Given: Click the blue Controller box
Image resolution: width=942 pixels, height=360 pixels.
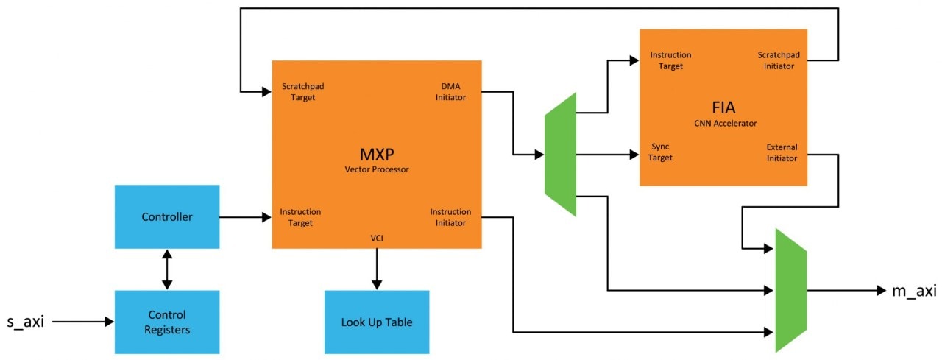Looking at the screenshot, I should (167, 217).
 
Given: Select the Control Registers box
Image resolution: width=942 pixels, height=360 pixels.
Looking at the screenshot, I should (167, 322).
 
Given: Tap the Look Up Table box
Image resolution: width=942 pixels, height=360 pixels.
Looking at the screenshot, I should (377, 322).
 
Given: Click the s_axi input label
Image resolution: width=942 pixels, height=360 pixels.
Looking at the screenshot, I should (26, 322).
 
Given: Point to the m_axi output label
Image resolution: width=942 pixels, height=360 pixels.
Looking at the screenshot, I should (913, 291).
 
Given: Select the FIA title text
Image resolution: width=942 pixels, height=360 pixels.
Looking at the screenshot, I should (723, 107).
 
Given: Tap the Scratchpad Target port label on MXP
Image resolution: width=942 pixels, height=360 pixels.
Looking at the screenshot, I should (302, 92).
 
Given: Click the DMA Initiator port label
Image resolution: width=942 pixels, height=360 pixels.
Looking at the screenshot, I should (450, 92).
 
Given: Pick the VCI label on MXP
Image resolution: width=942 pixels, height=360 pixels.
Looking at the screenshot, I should (377, 238).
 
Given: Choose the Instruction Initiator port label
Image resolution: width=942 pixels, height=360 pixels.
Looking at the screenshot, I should (450, 217).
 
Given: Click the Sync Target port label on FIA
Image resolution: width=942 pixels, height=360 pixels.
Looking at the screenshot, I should (662, 152).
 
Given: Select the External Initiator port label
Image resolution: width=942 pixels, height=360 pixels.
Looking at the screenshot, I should (782, 152).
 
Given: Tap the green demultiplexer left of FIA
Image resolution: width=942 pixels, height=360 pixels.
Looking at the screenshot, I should (560, 155).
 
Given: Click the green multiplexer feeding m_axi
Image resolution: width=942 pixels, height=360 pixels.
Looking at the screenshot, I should (791, 290).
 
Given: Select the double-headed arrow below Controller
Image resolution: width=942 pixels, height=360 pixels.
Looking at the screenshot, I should (167, 269).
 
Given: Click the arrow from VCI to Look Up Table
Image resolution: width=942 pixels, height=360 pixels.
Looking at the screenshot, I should (377, 269).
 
